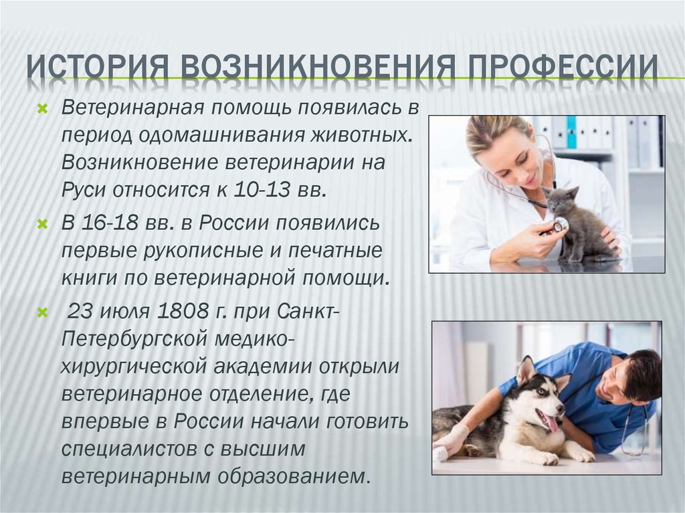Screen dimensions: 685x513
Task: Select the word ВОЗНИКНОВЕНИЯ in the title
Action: (312, 66)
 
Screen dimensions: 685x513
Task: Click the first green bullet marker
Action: (42, 108)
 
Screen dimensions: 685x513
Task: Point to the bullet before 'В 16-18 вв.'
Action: (42, 225)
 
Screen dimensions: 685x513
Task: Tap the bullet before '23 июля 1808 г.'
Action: (42, 312)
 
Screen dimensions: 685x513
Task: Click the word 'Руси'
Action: (84, 191)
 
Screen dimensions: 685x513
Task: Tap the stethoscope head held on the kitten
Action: (560, 225)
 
